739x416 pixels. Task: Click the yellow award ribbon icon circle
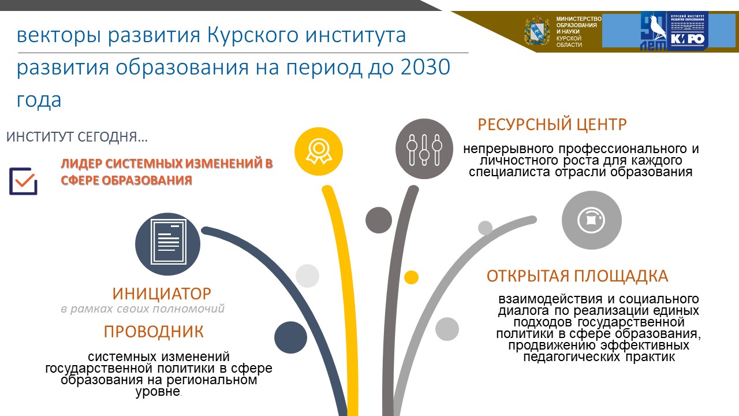[319, 151]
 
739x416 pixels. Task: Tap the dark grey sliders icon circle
[424, 149]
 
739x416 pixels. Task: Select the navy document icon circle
[167, 244]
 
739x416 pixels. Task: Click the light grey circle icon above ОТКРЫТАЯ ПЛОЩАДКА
[592, 220]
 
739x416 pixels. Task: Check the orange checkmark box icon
[23, 181]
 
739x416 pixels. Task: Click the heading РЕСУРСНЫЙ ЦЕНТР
[552, 124]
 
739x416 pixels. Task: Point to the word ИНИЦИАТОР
[162, 294]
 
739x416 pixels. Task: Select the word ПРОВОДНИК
[154, 332]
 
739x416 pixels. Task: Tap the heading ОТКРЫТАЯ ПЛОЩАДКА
[577, 276]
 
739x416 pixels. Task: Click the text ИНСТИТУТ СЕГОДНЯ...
[77, 137]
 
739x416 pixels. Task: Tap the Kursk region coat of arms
[537, 31]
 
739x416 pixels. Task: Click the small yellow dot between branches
[412, 277]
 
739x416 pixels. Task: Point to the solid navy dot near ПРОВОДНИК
[290, 337]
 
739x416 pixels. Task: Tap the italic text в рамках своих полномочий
[143, 309]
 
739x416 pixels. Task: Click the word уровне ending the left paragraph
[158, 392]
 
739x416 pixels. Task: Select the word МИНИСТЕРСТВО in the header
[578, 19]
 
